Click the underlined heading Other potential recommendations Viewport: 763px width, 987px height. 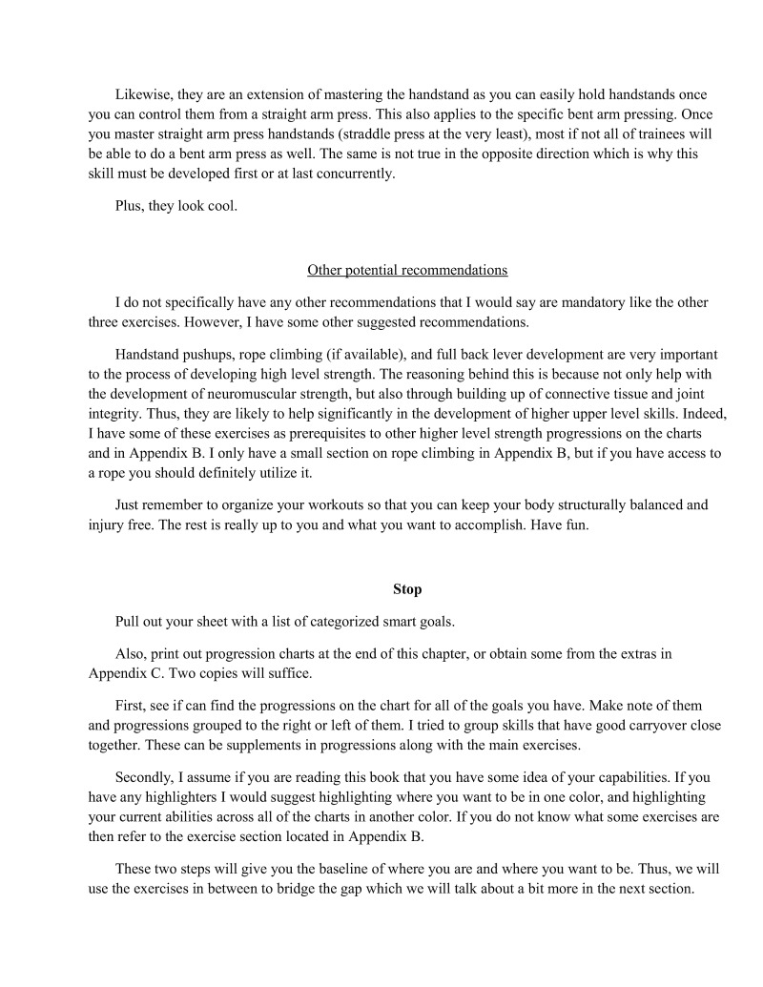pyautogui.click(x=407, y=270)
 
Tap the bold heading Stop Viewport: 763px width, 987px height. pyautogui.click(x=407, y=589)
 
